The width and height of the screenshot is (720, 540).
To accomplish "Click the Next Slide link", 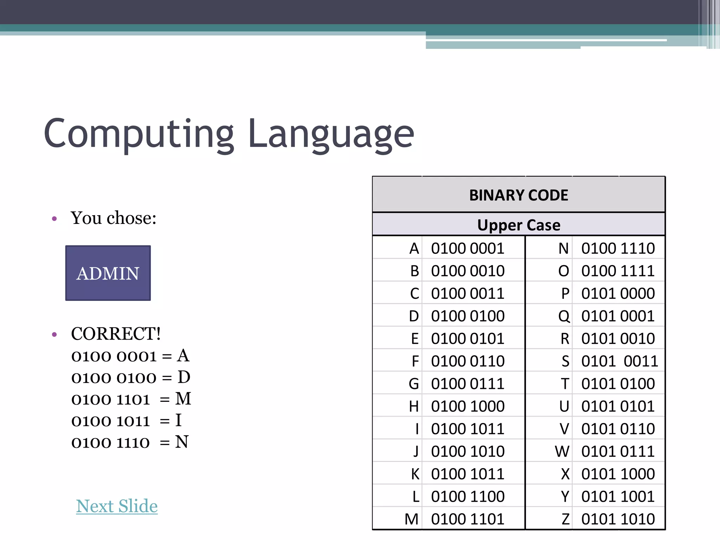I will [117, 506].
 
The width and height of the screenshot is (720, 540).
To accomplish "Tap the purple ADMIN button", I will [108, 273].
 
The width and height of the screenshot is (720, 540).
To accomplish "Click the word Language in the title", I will [331, 134].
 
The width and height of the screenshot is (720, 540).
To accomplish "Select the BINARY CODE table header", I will [519, 195].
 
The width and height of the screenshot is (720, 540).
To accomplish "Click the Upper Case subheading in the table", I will [519, 225].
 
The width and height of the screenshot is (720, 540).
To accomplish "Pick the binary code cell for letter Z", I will [618, 519].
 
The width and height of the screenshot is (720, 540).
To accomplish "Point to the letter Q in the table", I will [564, 316].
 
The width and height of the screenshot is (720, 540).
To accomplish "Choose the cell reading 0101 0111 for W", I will [618, 451].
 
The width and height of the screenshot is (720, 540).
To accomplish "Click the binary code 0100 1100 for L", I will [468, 496].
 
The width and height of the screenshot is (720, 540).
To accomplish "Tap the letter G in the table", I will [414, 384].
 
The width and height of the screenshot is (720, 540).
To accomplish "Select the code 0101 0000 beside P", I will [618, 294].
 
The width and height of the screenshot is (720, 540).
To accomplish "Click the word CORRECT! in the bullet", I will [116, 334].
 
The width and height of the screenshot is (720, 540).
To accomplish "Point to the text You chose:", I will [114, 218].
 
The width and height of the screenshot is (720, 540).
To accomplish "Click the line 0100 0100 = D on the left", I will [130, 378].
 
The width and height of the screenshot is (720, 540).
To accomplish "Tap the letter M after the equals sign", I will [183, 399].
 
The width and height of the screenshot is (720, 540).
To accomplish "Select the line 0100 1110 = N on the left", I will [130, 442].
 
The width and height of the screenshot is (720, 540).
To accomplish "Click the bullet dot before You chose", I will [54, 219].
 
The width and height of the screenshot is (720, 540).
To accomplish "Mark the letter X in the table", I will [565, 474].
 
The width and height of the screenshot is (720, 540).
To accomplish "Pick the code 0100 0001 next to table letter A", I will [468, 249].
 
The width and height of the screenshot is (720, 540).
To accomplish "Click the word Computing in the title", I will [139, 134].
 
